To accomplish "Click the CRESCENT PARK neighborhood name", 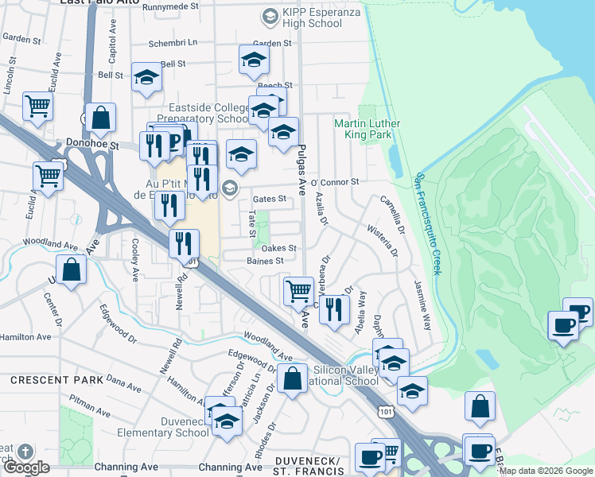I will tap(56, 380).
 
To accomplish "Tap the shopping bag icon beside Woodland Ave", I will tap(72, 269).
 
